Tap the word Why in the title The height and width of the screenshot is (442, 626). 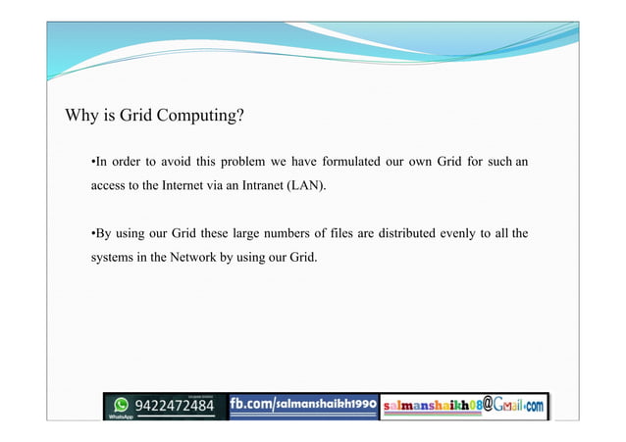point(80,118)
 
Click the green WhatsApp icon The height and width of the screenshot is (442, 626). point(121,403)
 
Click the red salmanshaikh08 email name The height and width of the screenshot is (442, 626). point(432,405)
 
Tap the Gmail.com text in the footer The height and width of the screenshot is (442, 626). point(516,404)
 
